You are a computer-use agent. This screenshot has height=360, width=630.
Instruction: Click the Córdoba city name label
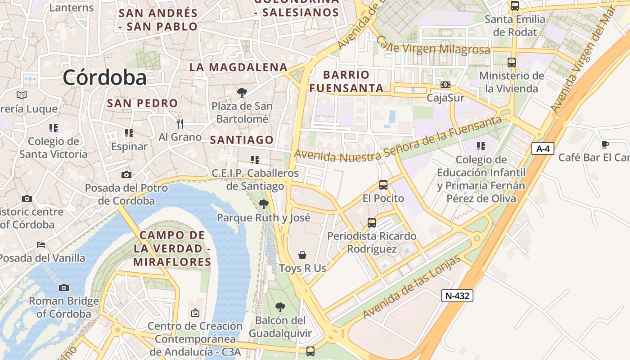coord(104,77)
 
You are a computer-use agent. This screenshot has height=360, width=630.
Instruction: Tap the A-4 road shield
coord(542,148)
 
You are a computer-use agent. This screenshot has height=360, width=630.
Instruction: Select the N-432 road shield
coord(457,296)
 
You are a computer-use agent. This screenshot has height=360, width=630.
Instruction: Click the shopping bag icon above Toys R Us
coord(302,255)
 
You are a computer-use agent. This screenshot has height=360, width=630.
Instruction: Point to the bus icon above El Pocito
coord(383,184)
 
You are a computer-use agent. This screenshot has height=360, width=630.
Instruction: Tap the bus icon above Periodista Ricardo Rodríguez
coord(371,222)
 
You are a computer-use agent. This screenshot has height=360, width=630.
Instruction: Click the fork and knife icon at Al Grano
coord(180,123)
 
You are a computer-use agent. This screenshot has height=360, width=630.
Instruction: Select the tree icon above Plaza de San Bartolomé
coord(242,93)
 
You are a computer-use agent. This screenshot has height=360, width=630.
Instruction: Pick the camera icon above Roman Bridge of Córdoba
coord(64,288)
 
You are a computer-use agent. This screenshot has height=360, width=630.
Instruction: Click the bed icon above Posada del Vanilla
coord(41,245)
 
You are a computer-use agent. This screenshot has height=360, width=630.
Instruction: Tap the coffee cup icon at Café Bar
coord(605,144)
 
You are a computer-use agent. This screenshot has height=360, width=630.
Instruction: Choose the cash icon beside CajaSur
coord(445,85)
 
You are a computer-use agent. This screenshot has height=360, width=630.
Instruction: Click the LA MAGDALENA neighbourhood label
coord(238,67)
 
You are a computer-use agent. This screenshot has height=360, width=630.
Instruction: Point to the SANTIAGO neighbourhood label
coord(242,140)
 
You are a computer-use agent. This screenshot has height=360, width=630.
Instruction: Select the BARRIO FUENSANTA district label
coord(346,81)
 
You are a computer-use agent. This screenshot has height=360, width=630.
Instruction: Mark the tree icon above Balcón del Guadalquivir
coord(280,307)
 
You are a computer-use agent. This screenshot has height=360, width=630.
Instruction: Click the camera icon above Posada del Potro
coord(126,175)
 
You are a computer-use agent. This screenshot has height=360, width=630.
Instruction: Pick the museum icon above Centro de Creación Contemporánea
coord(195,312)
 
